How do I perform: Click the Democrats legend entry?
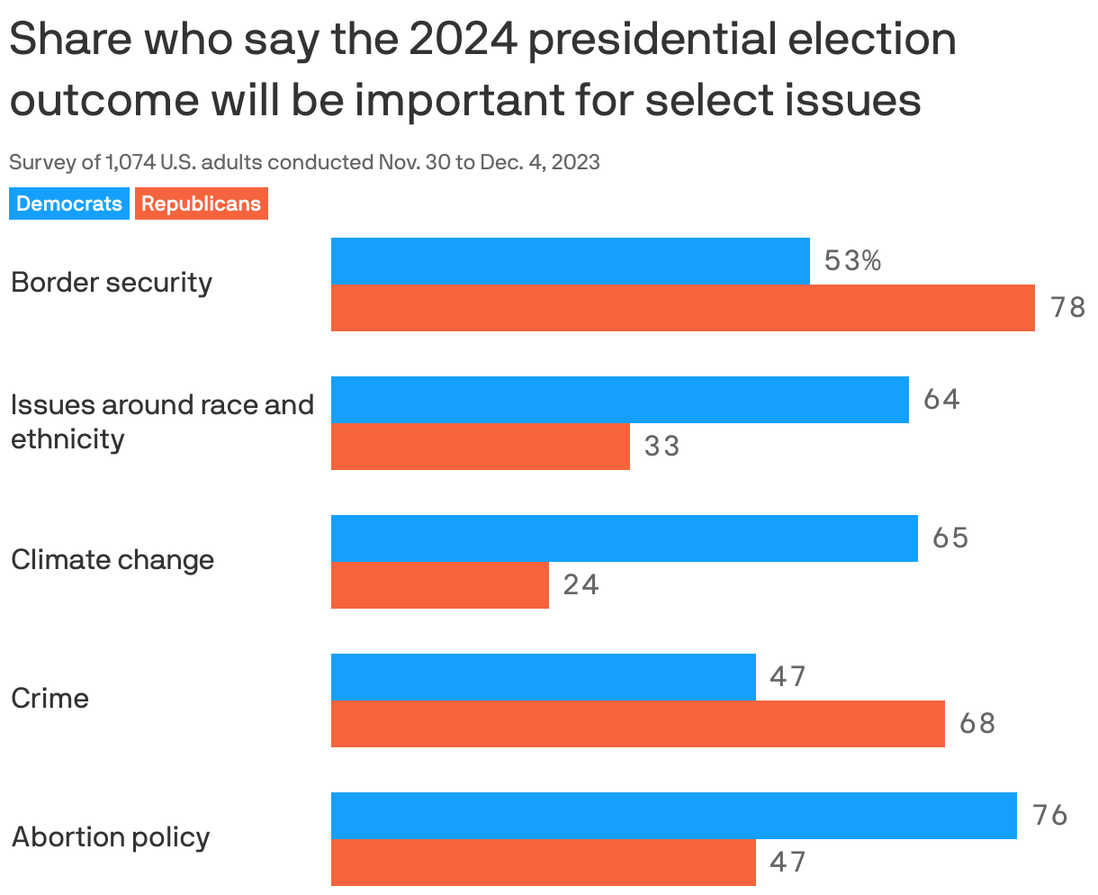(69, 203)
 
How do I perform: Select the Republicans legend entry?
(201, 203)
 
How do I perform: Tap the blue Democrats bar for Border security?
(570, 261)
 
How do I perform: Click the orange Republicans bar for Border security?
(682, 308)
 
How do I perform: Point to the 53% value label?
(852, 261)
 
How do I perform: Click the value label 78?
(1068, 308)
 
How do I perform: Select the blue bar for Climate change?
(624, 538)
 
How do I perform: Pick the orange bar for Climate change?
(439, 585)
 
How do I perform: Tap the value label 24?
(580, 585)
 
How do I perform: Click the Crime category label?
(50, 699)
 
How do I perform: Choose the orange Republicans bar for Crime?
(637, 724)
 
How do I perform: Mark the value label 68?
(977, 724)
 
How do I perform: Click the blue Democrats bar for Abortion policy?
(673, 816)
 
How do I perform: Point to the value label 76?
(1049, 816)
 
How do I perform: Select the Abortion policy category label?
(111, 837)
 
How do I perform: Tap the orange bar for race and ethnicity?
(480, 447)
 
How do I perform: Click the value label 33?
(661, 447)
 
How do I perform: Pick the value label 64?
(941, 400)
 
